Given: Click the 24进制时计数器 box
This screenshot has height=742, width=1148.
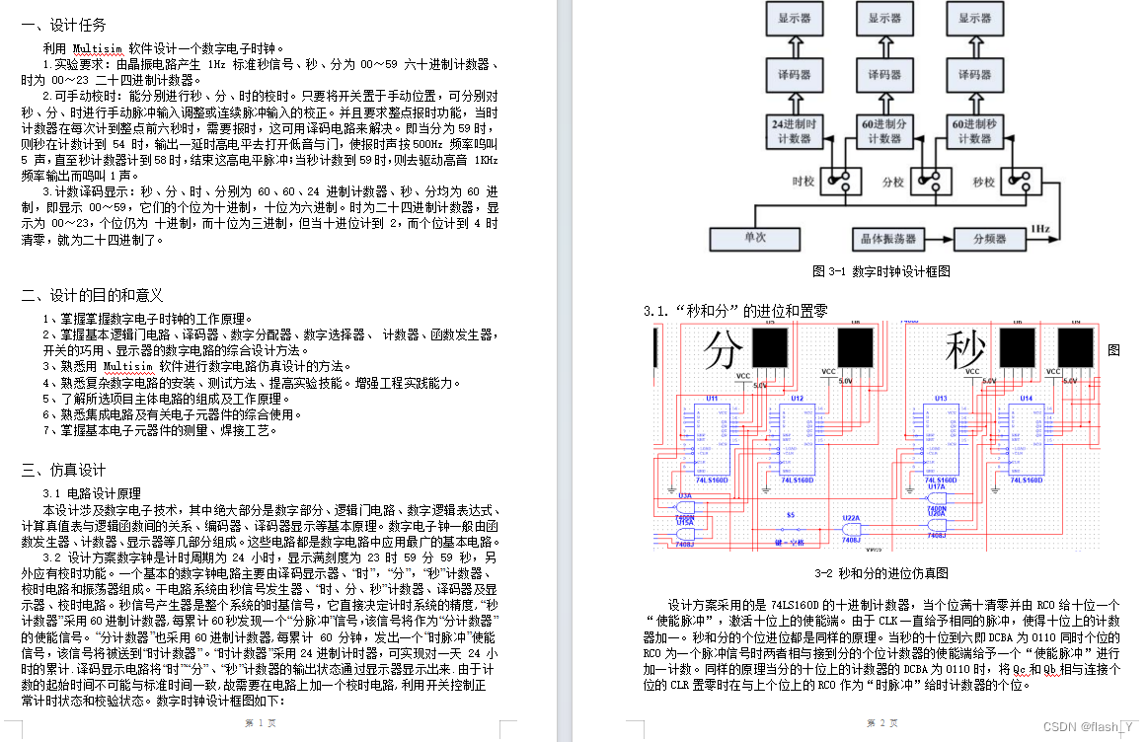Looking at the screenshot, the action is (794, 132).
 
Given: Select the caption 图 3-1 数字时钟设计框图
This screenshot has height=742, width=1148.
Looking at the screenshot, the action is (881, 271).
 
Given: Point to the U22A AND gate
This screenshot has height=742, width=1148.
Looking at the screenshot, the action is (851, 529).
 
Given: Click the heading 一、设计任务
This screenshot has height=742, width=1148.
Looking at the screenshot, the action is (64, 26).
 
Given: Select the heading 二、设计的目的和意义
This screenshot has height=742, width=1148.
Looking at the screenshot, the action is (92, 295).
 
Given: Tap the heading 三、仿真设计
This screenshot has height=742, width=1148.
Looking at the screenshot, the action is (63, 470).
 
